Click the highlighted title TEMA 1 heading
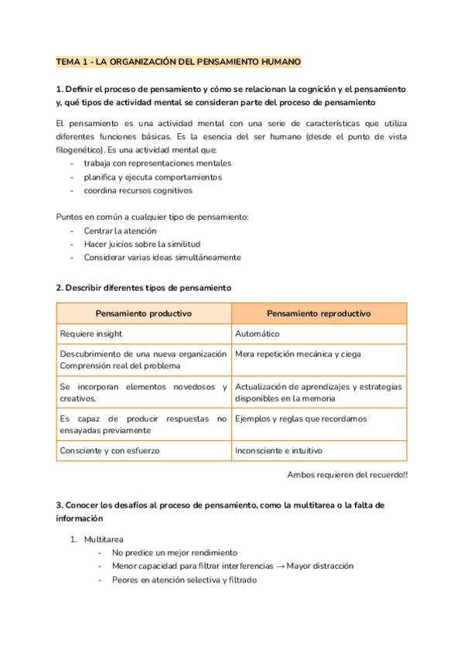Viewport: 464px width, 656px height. tap(179, 61)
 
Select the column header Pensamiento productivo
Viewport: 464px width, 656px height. tap(144, 313)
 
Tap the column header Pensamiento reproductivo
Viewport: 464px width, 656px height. tap(319, 313)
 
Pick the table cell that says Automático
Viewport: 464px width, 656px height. tap(258, 334)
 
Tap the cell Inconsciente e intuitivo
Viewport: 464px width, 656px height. tap(278, 449)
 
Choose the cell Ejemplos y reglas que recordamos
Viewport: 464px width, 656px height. tap(301, 419)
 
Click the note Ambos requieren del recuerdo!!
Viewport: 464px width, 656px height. tap(346, 474)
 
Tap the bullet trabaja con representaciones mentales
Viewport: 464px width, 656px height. tap(157, 163)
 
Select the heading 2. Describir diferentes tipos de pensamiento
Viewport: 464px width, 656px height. tap(144, 288)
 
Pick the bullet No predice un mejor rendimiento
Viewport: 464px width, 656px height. tap(174, 552)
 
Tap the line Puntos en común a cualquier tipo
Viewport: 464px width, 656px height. tap(152, 217)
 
